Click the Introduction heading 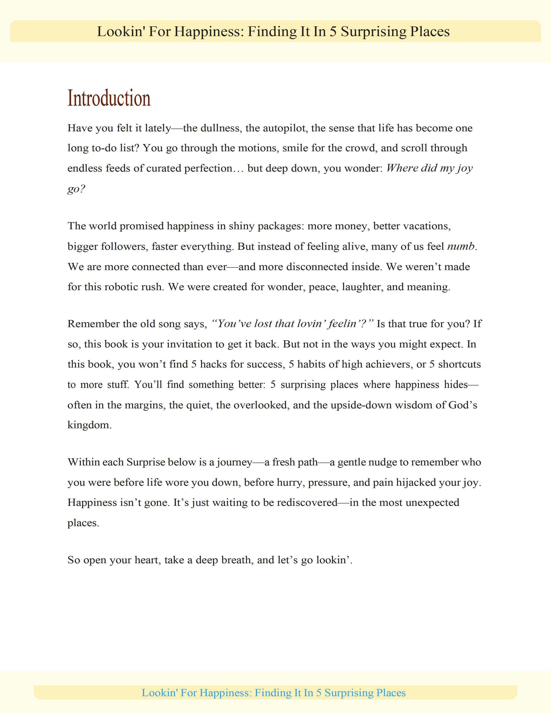109,98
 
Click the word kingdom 89,425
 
